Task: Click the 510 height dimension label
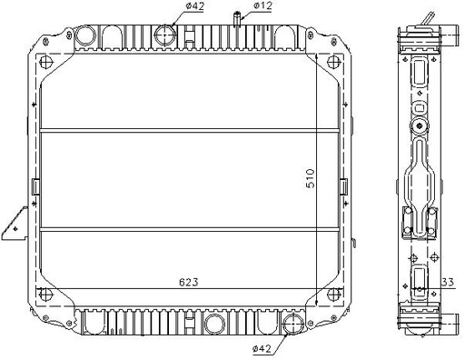tap(311, 178)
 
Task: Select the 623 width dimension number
tap(189, 282)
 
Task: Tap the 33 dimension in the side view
tap(448, 282)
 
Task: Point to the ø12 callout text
tap(262, 5)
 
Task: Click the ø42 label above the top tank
tap(195, 5)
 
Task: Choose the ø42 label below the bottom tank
tap(262, 349)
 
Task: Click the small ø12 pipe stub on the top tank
tap(237, 19)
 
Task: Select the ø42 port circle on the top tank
tap(165, 35)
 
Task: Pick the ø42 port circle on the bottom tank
tap(293, 324)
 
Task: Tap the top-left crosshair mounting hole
tap(46, 62)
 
